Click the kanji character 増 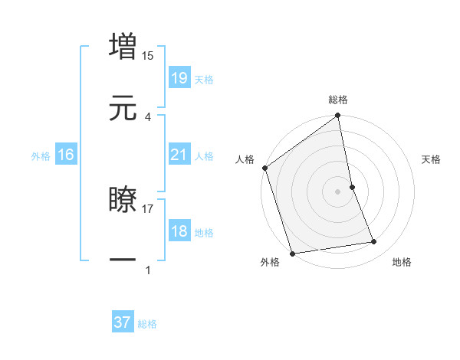pyautogui.click(x=123, y=46)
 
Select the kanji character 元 pyautogui.click(x=123, y=107)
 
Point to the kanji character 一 pyautogui.click(x=123, y=260)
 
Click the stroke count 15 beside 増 pyautogui.click(x=148, y=55)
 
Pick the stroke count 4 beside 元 pyautogui.click(x=148, y=116)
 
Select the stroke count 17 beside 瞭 pyautogui.click(x=148, y=208)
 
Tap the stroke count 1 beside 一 pyautogui.click(x=148, y=270)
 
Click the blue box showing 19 pyautogui.click(x=179, y=78)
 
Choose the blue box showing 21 pyautogui.click(x=179, y=155)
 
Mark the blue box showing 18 pyautogui.click(x=179, y=232)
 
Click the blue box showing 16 pyautogui.click(x=66, y=155)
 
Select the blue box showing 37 pyautogui.click(x=123, y=322)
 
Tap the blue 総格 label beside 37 pyautogui.click(x=147, y=324)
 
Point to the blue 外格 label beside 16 pyautogui.click(x=41, y=156)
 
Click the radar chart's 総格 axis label pyautogui.click(x=338, y=100)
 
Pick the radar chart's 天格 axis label pyautogui.click(x=432, y=159)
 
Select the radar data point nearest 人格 pyautogui.click(x=264, y=168)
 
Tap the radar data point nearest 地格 pyautogui.click(x=374, y=242)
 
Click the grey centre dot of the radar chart pyautogui.click(x=338, y=191)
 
